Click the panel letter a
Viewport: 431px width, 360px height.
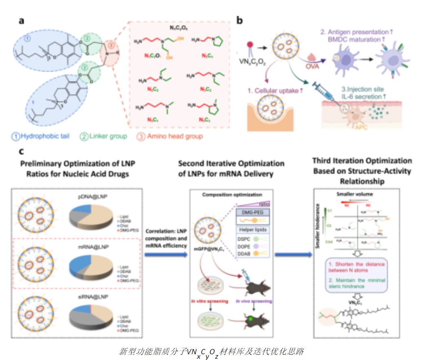click(20, 21)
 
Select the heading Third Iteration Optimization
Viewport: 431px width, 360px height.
click(362, 161)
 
